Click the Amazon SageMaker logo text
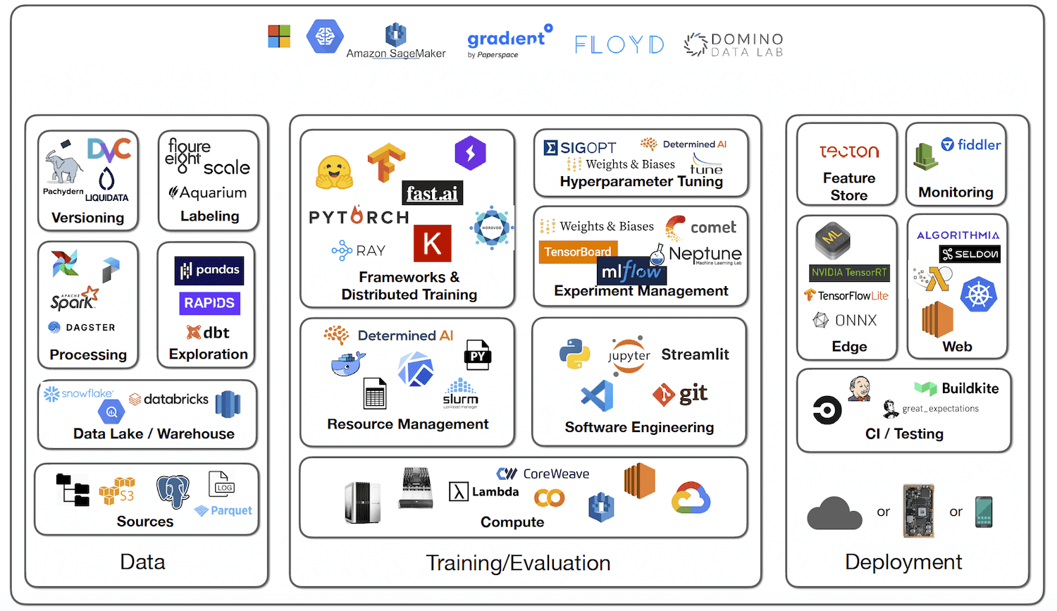tap(396, 53)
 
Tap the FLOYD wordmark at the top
tap(619, 44)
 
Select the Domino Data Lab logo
tap(734, 44)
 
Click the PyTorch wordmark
tap(359, 217)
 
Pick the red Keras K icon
tap(432, 244)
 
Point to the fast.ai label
tap(432, 193)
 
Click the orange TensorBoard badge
tap(578, 252)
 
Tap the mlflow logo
tap(631, 271)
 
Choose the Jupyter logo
tap(629, 355)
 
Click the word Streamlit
tap(695, 354)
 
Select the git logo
tap(680, 394)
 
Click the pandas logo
tap(209, 270)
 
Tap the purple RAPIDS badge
tap(209, 303)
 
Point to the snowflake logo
tap(78, 393)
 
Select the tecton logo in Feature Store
tap(849, 152)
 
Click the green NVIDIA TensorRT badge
tap(849, 273)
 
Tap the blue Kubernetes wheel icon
tap(979, 295)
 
